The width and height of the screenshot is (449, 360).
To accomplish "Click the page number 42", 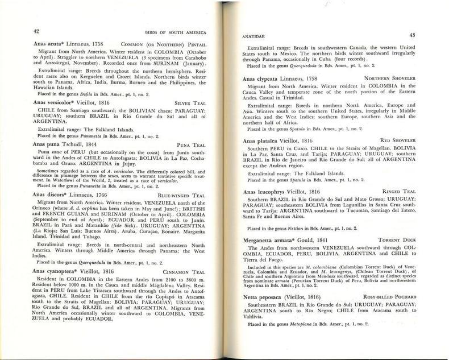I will pos(36,31).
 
